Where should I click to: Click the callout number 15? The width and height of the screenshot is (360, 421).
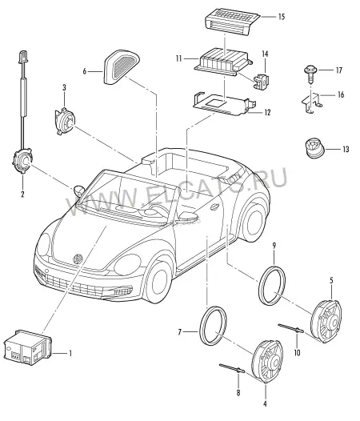coord(281,17)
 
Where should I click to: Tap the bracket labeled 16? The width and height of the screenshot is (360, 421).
coord(312,102)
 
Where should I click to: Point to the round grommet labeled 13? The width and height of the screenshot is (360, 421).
coord(314,148)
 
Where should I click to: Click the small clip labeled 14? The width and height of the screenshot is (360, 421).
coord(262,81)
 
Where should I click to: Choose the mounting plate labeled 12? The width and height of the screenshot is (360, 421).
coord(224,104)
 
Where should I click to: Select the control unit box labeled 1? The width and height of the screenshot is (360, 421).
coord(27,347)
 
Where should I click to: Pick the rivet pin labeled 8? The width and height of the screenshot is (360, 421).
coord(232,368)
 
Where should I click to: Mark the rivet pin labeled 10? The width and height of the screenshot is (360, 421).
coord(291,328)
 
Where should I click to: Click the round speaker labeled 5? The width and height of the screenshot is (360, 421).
coord(326,321)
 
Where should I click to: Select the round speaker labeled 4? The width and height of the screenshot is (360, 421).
coord(267,362)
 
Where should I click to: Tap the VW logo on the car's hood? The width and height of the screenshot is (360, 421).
coord(78,259)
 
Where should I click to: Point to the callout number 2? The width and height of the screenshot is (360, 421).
coord(22,194)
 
